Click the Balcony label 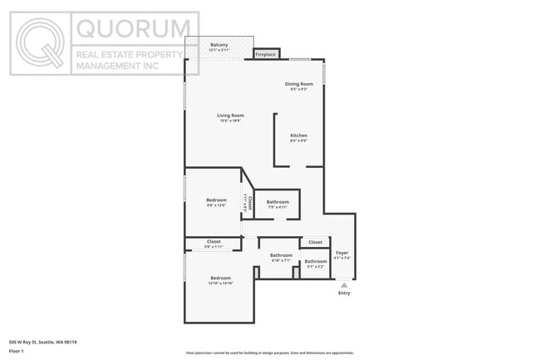[218, 45]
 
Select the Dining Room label [299, 84]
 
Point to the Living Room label [230, 116]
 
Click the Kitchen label [298, 136]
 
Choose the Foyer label [342, 253]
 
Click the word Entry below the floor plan [344, 293]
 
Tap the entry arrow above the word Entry [344, 284]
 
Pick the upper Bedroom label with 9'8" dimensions [216, 200]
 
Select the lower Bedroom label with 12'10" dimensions [220, 278]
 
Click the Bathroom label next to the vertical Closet [277, 202]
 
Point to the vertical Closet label [248, 202]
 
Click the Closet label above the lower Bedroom [214, 242]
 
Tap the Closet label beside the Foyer [315, 242]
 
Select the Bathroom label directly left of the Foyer [316, 262]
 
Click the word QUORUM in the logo [133, 29]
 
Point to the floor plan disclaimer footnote [269, 353]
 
